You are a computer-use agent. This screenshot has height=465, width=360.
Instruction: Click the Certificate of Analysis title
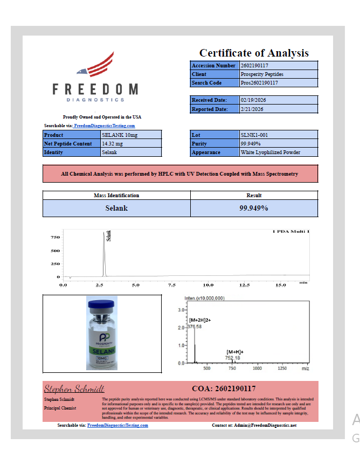(x=254, y=53)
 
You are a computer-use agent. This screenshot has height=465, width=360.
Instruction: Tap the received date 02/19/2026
(x=253, y=100)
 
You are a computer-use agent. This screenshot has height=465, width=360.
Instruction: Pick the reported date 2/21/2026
(x=252, y=109)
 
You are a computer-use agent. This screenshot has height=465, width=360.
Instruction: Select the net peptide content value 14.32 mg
(x=113, y=144)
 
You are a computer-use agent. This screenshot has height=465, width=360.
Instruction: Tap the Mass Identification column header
(x=116, y=196)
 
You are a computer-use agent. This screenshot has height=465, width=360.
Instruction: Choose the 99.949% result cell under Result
(x=254, y=208)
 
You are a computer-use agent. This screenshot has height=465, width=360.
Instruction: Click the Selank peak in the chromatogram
(x=104, y=253)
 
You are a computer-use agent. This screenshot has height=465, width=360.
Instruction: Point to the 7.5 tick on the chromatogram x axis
(x=171, y=285)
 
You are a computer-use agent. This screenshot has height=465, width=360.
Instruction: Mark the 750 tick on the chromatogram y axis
(x=55, y=238)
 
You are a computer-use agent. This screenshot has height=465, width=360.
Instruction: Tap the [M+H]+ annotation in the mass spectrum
(x=235, y=351)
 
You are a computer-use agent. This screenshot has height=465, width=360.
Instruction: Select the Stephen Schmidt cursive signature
(x=74, y=388)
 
